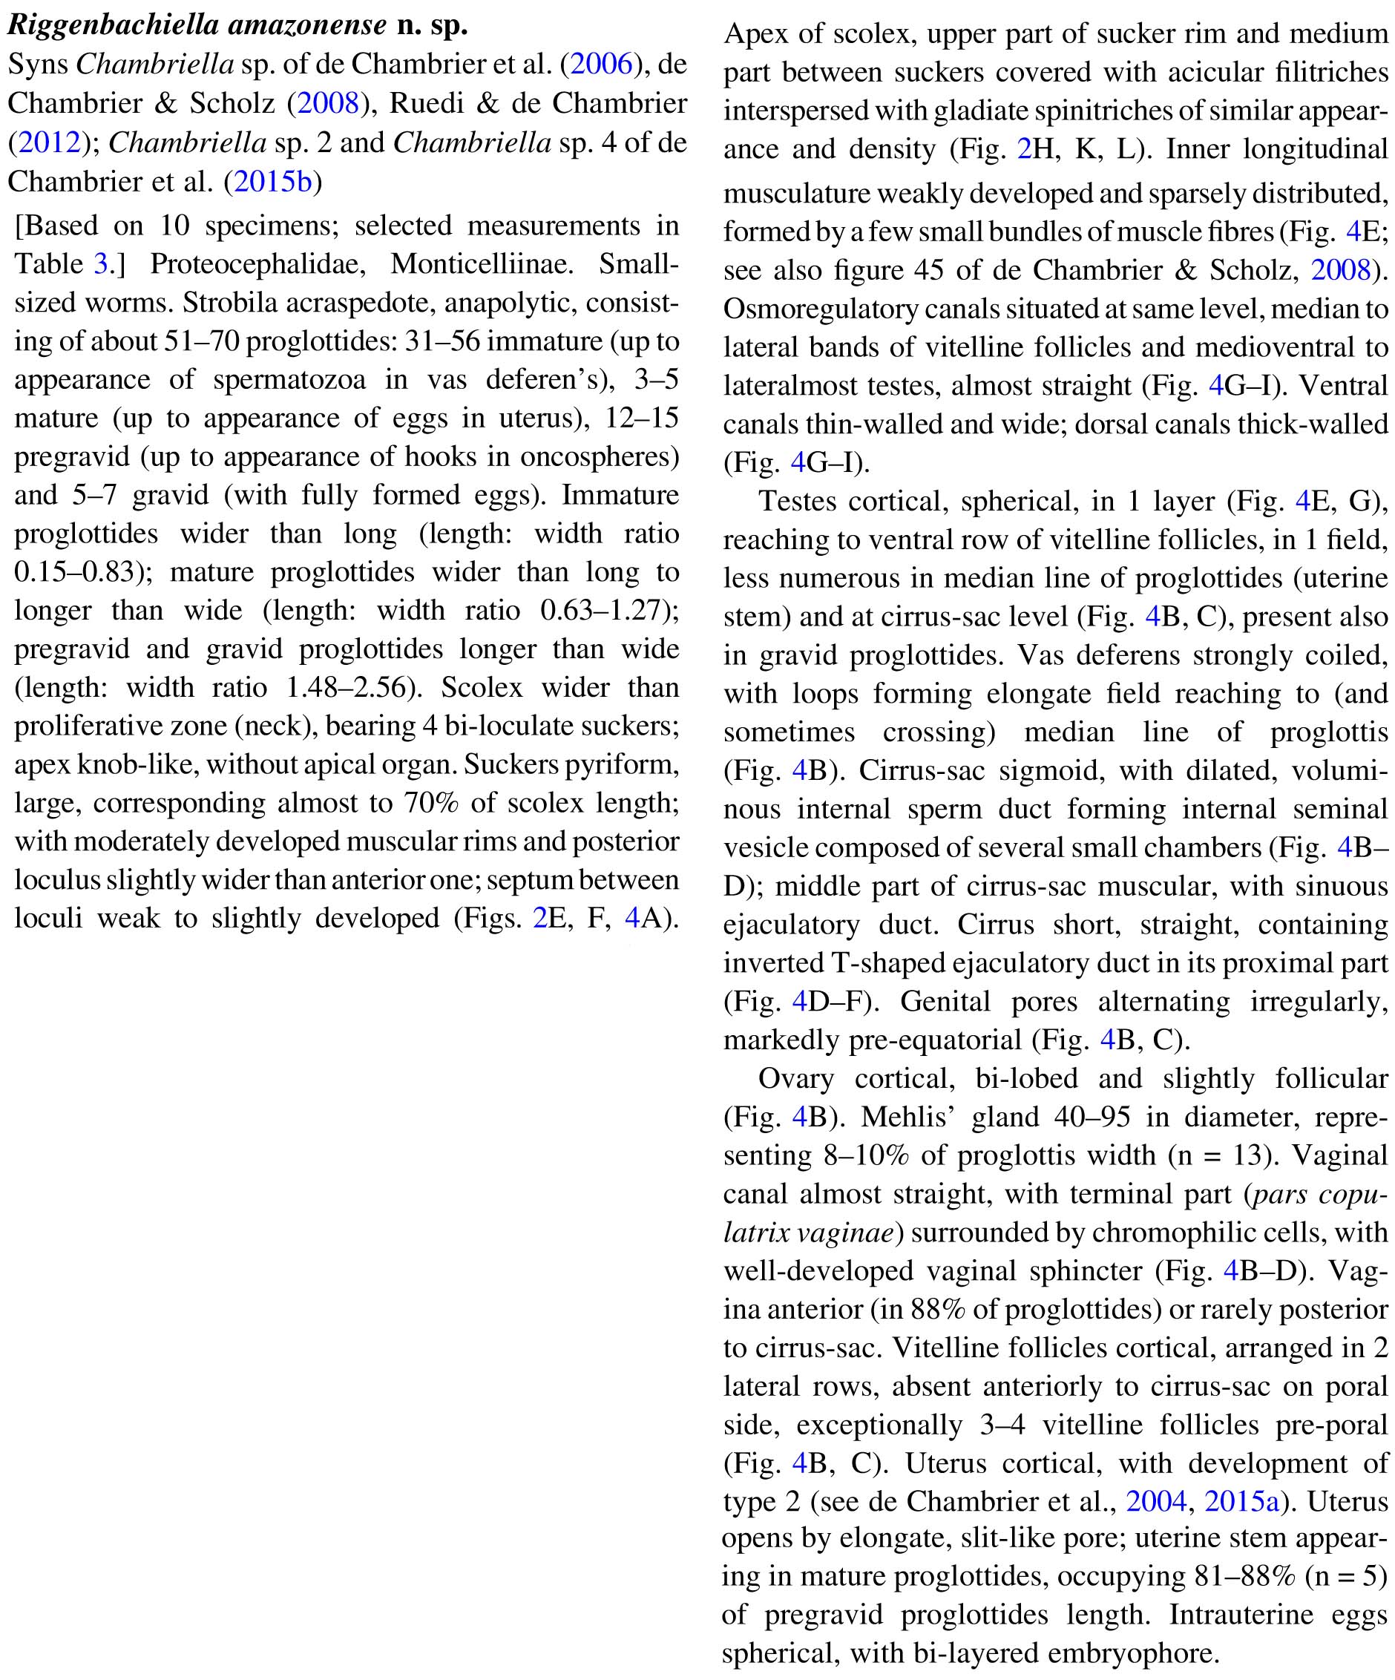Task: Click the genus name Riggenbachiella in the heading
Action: (114, 25)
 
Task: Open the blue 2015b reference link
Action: (272, 182)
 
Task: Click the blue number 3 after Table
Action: (100, 264)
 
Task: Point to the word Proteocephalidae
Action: (257, 264)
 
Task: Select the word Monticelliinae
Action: (482, 264)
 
